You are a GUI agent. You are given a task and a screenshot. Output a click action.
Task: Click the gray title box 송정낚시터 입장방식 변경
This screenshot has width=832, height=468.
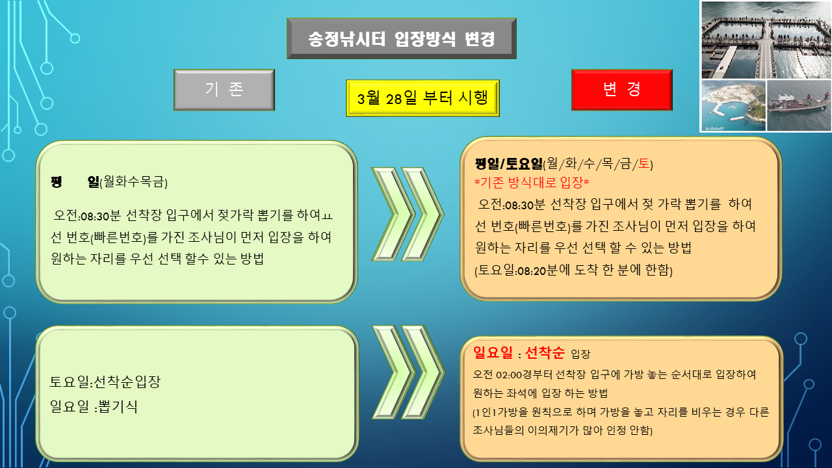click(x=402, y=38)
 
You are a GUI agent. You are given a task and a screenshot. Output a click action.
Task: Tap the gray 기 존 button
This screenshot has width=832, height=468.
click(x=224, y=90)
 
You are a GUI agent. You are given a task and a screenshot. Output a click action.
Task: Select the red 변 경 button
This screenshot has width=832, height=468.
click(x=622, y=90)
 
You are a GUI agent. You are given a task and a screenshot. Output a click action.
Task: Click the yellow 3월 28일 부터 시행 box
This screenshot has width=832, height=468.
click(x=422, y=98)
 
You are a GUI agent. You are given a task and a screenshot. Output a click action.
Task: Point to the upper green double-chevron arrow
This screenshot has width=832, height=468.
click(x=408, y=214)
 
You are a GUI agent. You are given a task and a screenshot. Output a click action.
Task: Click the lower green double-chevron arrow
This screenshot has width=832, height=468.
click(x=408, y=372)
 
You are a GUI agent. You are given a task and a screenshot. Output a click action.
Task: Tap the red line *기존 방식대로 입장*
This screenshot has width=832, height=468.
click(x=532, y=183)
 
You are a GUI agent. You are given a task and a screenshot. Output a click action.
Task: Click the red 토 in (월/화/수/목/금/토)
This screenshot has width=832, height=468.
click(x=643, y=163)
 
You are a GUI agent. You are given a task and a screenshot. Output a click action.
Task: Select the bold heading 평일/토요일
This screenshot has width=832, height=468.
click(x=509, y=163)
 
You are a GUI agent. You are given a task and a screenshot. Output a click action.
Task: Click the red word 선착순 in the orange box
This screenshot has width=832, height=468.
click(x=545, y=352)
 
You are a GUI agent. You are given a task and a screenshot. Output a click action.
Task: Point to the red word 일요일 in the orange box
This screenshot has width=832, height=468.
click(x=493, y=352)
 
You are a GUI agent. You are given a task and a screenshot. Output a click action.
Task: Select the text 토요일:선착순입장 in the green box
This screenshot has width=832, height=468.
click(x=105, y=382)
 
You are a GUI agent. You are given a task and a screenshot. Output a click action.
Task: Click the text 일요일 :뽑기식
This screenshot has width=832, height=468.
click(x=94, y=406)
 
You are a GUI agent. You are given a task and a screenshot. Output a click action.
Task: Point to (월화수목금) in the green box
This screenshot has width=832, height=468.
click(x=134, y=182)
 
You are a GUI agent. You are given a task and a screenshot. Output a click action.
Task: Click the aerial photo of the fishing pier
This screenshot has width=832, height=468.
click(x=766, y=40)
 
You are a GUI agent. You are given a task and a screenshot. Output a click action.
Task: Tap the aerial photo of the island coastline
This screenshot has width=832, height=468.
click(x=734, y=105)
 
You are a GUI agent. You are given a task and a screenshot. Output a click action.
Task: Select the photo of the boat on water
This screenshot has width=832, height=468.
click(x=799, y=105)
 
